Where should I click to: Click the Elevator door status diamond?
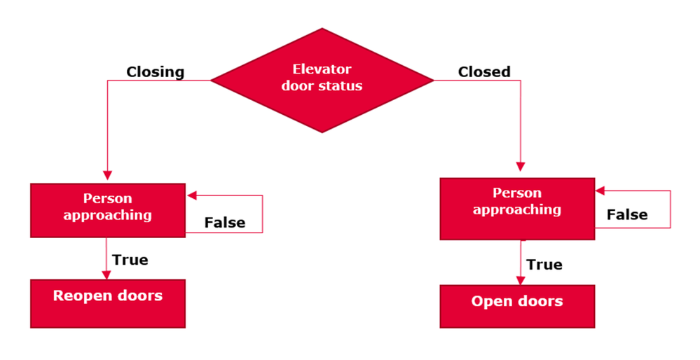tap(322, 80)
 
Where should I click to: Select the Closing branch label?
tap(155, 71)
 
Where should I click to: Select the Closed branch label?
tap(484, 71)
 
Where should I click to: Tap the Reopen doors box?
tap(108, 303)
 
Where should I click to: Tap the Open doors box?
tap(517, 306)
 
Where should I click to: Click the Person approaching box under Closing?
tap(108, 210)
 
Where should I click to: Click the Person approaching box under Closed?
tap(517, 209)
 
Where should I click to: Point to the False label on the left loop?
tap(224, 223)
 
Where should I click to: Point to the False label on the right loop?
tap(627, 214)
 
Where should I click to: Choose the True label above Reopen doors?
tap(130, 260)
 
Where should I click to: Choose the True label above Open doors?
tap(544, 264)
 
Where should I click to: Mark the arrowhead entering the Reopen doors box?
tap(107, 275)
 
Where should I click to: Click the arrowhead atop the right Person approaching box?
tap(520, 167)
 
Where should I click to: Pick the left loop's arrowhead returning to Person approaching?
tap(191, 195)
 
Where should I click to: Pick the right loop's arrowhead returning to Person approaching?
tap(600, 191)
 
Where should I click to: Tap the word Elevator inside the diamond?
tap(322, 69)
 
